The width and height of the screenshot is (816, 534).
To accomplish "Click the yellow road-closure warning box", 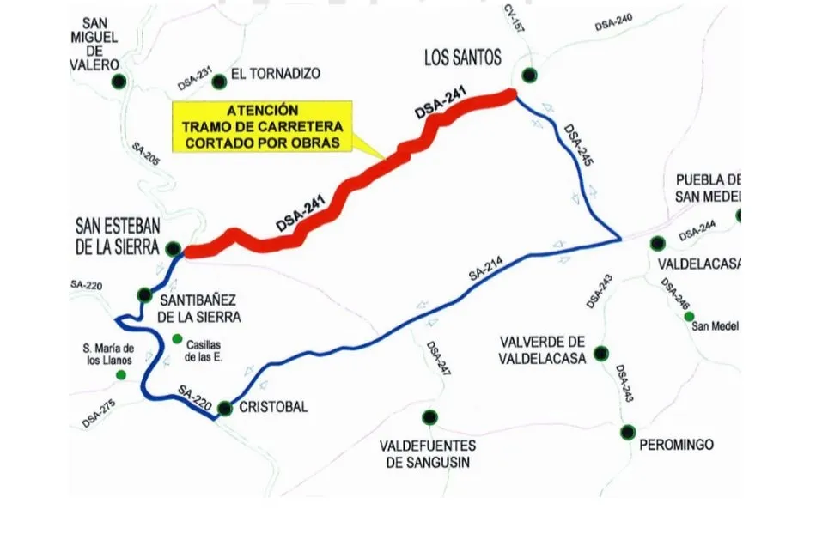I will [263, 127].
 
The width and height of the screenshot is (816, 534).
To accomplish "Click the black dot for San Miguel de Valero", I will [119, 82].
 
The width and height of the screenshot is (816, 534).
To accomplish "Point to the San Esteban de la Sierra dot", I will [173, 250].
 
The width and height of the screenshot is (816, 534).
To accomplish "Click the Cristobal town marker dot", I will [224, 409].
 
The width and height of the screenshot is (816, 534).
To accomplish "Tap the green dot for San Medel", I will [689, 316].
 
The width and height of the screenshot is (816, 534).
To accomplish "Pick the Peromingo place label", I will [676, 445].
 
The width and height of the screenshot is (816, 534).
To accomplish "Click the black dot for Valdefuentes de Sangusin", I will [429, 418].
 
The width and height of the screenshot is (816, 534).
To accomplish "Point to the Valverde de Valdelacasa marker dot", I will [600, 353].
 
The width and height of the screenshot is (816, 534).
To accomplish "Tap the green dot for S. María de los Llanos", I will [121, 375].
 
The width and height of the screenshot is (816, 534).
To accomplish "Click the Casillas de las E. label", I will [204, 351].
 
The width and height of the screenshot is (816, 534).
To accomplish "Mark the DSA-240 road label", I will [613, 23].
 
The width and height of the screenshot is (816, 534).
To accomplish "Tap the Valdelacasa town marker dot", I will [657, 243].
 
